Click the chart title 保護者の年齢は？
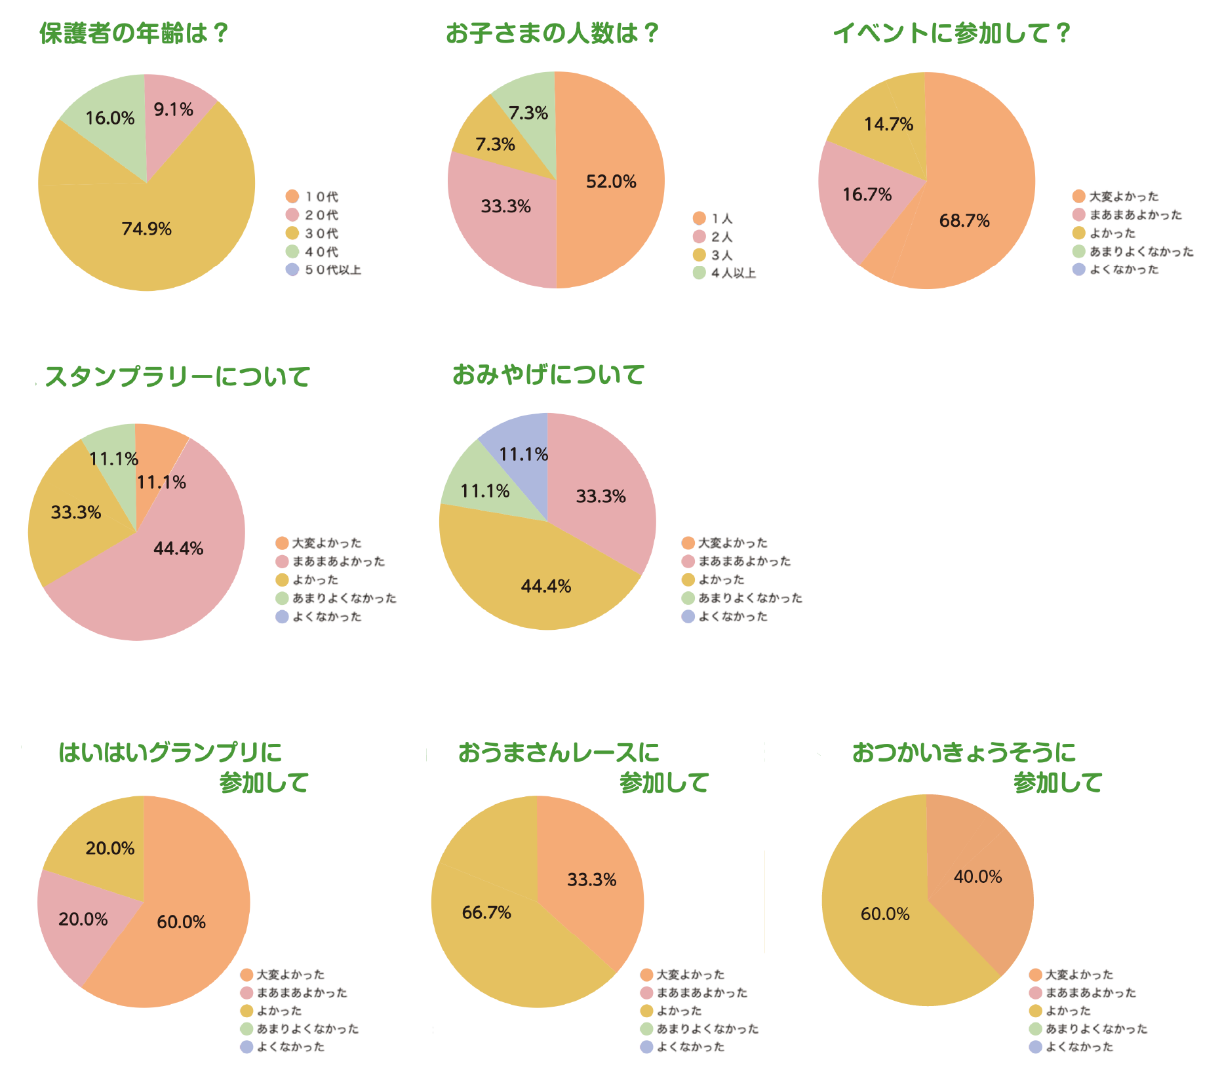point(134,33)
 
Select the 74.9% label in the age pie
point(146,229)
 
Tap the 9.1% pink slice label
point(173,109)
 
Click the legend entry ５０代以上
point(332,270)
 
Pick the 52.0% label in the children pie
point(611,182)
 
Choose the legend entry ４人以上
point(733,273)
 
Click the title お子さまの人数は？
point(552,33)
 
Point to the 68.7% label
point(964,220)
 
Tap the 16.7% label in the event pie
point(867,194)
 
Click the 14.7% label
point(888,124)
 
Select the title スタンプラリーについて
point(177,377)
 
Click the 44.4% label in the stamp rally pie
point(178,549)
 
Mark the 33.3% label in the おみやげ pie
point(601,496)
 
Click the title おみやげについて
point(548,375)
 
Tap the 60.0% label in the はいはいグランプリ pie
point(181,922)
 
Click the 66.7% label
point(486,912)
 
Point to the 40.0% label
point(977,877)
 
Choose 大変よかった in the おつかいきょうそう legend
point(1078,975)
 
